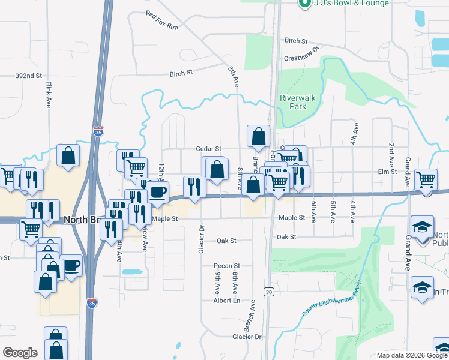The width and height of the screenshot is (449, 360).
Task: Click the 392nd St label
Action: [28, 76]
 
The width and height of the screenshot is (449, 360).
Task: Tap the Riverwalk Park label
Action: [293, 102]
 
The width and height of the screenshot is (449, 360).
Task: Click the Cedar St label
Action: [209, 149]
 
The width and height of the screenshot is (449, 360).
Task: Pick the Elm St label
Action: [387, 172]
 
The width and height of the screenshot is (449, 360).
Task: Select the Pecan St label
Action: [228, 265]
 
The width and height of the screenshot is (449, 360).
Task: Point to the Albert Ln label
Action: [228, 300]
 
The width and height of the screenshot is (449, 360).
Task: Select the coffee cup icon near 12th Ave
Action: [157, 192]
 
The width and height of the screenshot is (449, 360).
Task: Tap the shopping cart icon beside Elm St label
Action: [426, 178]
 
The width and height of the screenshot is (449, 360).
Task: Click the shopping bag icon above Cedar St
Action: [258, 137]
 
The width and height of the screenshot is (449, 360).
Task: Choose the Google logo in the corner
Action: [20, 353]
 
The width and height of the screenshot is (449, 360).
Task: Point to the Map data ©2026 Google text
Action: [411, 355]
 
